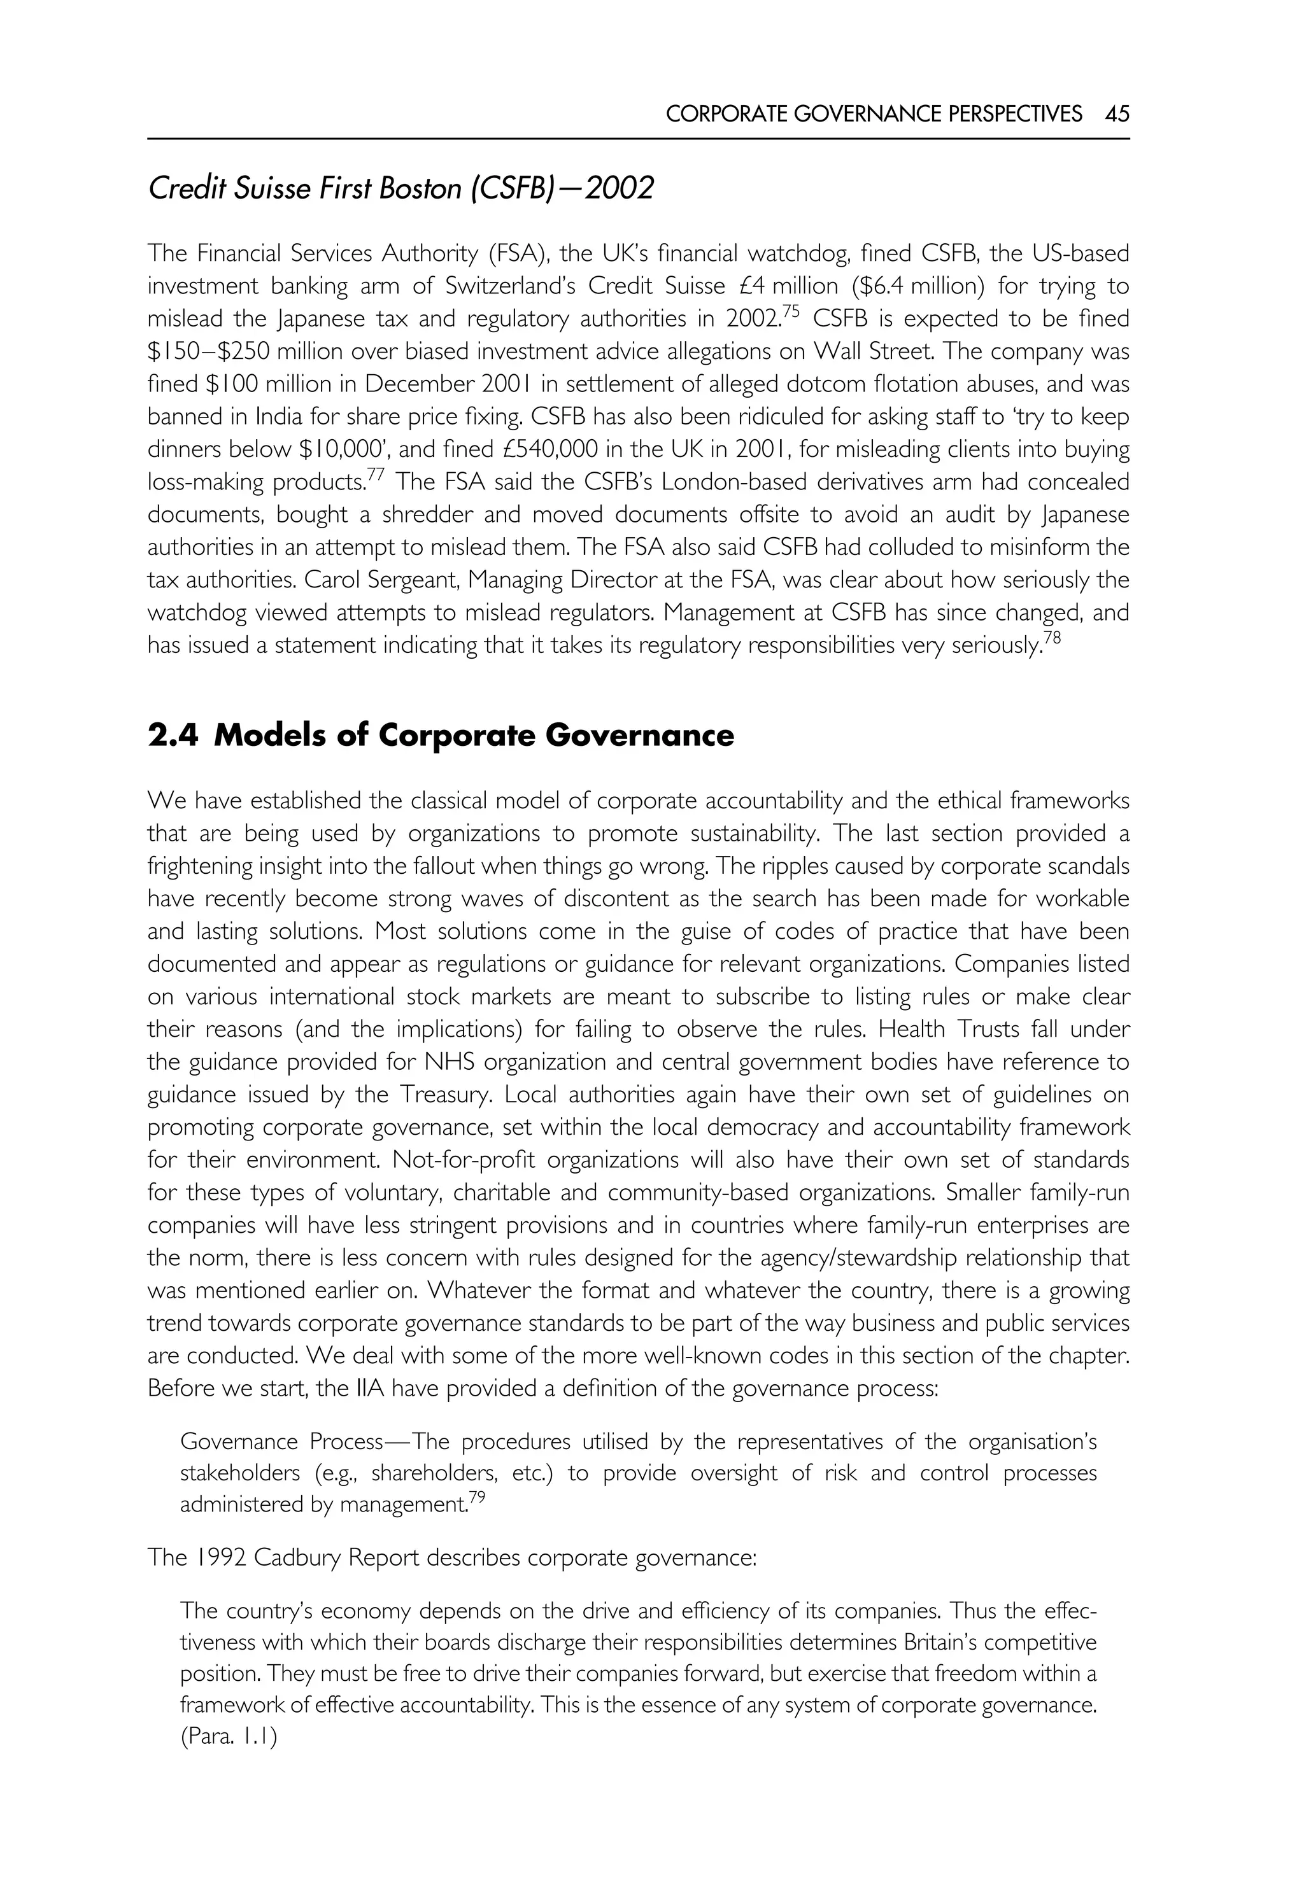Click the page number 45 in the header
pyautogui.click(x=1117, y=113)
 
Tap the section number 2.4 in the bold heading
pyautogui.click(x=173, y=736)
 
